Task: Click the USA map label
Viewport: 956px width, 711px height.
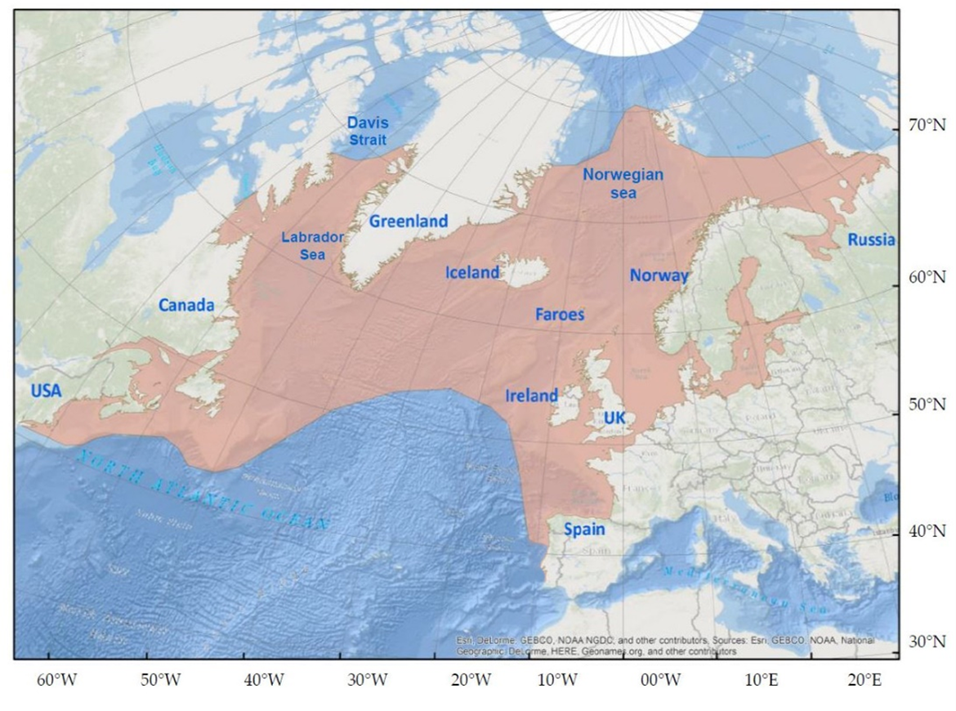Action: pos(47,391)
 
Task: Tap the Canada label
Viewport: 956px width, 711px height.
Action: pos(186,306)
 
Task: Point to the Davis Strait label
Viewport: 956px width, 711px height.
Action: pos(368,132)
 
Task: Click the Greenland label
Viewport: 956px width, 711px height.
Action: pos(409,221)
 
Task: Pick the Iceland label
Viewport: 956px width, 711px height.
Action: pos(471,273)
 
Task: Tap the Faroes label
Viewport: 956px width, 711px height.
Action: pos(560,314)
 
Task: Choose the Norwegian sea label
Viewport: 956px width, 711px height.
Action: pos(623,184)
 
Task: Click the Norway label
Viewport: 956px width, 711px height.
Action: pos(659,276)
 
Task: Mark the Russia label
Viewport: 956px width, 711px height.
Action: pos(871,240)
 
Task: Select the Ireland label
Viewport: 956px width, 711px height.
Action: pos(531,396)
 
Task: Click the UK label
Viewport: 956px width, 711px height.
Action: pos(614,418)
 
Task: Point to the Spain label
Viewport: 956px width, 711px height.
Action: pos(584,530)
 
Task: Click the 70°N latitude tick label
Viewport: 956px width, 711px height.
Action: pos(927,127)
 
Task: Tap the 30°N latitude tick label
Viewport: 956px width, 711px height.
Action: pos(927,641)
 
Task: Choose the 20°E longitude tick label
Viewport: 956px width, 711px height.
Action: pos(864,680)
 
